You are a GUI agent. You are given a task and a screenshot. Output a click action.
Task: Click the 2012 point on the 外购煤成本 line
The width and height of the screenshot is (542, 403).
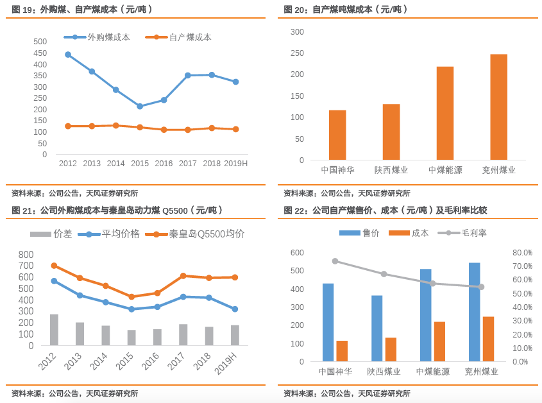(x=68, y=55)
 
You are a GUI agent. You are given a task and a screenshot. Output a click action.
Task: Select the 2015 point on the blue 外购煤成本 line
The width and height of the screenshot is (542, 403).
(x=140, y=107)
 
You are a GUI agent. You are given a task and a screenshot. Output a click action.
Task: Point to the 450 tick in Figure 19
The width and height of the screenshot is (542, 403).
(x=40, y=53)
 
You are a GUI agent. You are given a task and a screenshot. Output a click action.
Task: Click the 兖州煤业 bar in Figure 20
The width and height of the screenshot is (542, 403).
(x=498, y=107)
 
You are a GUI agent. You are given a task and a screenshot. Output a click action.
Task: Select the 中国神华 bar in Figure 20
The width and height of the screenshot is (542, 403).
(x=337, y=135)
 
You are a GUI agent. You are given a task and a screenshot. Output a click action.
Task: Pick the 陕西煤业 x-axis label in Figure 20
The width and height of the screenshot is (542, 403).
(x=391, y=170)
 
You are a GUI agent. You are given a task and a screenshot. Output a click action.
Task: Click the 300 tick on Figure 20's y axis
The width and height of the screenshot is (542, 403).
(x=297, y=31)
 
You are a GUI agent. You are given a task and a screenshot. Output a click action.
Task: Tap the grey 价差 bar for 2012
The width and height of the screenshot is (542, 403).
(x=54, y=330)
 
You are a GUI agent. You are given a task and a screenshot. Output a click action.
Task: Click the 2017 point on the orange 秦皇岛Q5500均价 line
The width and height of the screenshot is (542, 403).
(x=183, y=276)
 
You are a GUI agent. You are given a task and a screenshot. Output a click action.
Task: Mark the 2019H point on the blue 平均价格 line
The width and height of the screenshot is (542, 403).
(x=235, y=309)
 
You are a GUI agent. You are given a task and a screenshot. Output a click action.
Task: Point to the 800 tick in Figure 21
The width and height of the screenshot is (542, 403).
(x=26, y=254)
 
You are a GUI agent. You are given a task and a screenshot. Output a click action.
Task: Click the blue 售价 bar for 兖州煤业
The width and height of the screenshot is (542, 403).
(x=474, y=312)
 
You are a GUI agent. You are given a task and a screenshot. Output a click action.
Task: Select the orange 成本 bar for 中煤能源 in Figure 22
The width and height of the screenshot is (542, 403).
(x=439, y=341)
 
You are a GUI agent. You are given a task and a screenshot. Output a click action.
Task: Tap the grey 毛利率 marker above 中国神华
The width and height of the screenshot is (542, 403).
(x=335, y=261)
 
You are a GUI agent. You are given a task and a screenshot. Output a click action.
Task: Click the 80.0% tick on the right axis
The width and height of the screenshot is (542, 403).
(x=523, y=252)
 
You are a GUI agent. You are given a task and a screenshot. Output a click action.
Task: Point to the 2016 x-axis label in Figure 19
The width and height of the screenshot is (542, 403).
(x=164, y=164)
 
